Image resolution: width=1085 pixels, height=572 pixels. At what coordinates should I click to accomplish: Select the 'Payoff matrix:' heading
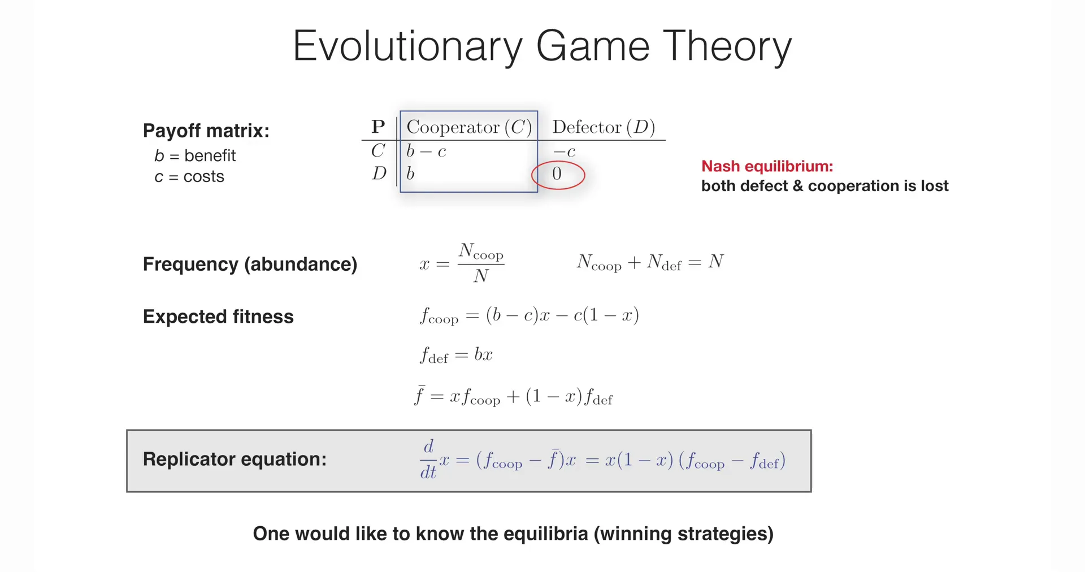point(206,131)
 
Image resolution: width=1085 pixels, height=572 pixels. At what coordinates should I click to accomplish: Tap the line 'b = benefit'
point(195,155)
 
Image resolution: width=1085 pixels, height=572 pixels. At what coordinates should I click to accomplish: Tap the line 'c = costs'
point(189,176)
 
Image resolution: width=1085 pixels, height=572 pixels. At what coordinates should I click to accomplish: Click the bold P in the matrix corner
point(378,127)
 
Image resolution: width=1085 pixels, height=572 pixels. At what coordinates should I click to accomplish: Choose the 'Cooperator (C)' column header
point(469,127)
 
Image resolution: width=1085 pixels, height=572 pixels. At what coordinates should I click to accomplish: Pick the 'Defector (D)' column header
point(604,127)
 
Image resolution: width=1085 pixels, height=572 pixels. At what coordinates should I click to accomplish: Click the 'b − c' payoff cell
point(426,151)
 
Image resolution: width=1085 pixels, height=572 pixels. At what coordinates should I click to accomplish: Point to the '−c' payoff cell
point(564,151)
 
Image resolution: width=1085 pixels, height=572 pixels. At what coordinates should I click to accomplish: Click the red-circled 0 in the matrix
point(557,174)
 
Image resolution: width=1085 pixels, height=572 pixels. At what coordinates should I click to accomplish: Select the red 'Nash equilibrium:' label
point(767,166)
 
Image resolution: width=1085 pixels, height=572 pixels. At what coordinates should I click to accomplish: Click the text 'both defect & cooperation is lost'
point(824,186)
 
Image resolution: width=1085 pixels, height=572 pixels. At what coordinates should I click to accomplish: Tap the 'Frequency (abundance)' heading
point(250,265)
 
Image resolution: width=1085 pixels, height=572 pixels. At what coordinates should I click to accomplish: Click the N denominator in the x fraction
point(481,276)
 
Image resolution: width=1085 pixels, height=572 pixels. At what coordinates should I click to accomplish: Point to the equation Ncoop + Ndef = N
point(650,262)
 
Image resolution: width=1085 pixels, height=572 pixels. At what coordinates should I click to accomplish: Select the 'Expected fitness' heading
point(218,317)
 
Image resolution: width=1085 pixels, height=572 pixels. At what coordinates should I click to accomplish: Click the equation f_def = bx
point(456,355)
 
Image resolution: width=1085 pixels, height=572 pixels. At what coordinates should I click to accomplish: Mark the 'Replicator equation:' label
point(235,459)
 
